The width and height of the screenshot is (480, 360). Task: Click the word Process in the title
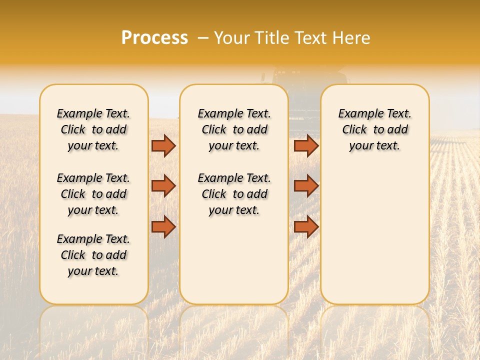pyautogui.click(x=154, y=38)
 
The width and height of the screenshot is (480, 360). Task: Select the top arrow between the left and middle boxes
pyautogui.click(x=163, y=145)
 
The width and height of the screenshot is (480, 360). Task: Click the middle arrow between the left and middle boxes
pyautogui.click(x=163, y=186)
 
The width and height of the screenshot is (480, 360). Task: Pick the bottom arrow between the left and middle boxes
pyautogui.click(x=163, y=226)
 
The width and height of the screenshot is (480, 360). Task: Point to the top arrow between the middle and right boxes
pyautogui.click(x=306, y=145)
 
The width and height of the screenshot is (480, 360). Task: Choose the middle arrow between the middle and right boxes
pyautogui.click(x=306, y=186)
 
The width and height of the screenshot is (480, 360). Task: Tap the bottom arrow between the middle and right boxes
pyautogui.click(x=306, y=226)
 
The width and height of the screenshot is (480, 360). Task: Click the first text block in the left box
pyautogui.click(x=93, y=129)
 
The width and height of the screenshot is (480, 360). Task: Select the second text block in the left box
pyautogui.click(x=93, y=194)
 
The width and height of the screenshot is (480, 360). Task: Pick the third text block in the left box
pyautogui.click(x=93, y=255)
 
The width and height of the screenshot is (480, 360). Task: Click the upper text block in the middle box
pyautogui.click(x=234, y=129)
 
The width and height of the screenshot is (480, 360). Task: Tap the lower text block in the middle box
pyautogui.click(x=234, y=194)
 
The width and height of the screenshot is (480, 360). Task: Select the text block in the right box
pyautogui.click(x=374, y=129)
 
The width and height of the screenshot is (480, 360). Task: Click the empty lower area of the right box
pyautogui.click(x=374, y=235)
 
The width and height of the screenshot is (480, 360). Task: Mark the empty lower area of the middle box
pyautogui.click(x=234, y=260)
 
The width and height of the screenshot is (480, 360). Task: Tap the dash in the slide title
pyautogui.click(x=203, y=38)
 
